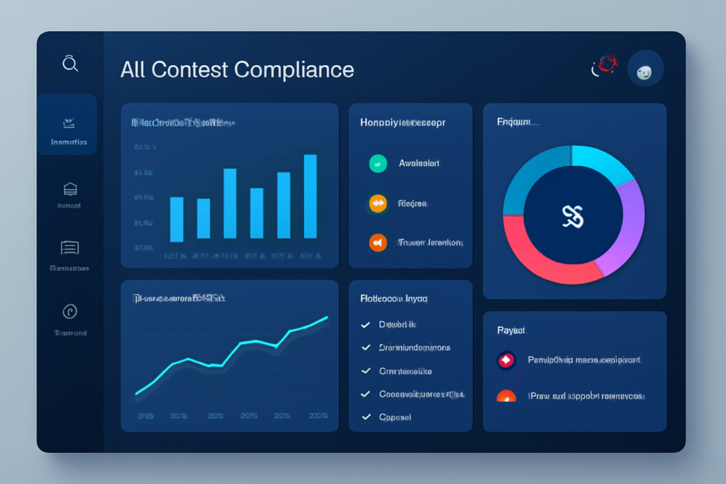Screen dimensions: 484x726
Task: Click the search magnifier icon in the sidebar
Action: [69, 64]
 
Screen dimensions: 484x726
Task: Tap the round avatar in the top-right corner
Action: [645, 69]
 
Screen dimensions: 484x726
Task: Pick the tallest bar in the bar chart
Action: [310, 196]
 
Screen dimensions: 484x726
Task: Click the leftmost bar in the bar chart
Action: [177, 219]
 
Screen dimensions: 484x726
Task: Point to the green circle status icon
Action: [378, 164]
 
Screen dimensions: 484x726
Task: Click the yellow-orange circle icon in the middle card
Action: [378, 203]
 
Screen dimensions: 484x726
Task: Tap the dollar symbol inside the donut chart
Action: [572, 216]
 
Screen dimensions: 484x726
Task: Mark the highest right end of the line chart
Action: [327, 318]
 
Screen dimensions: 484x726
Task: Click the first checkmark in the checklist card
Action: [366, 325]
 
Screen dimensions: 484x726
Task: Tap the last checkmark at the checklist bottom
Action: [366, 417]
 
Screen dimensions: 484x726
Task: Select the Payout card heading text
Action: [511, 330]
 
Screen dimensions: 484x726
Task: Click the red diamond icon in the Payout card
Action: [506, 361]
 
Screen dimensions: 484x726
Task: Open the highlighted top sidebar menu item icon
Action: [69, 123]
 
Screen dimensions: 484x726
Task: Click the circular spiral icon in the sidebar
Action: [69, 311]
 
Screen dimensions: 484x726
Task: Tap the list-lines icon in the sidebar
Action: [69, 247]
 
